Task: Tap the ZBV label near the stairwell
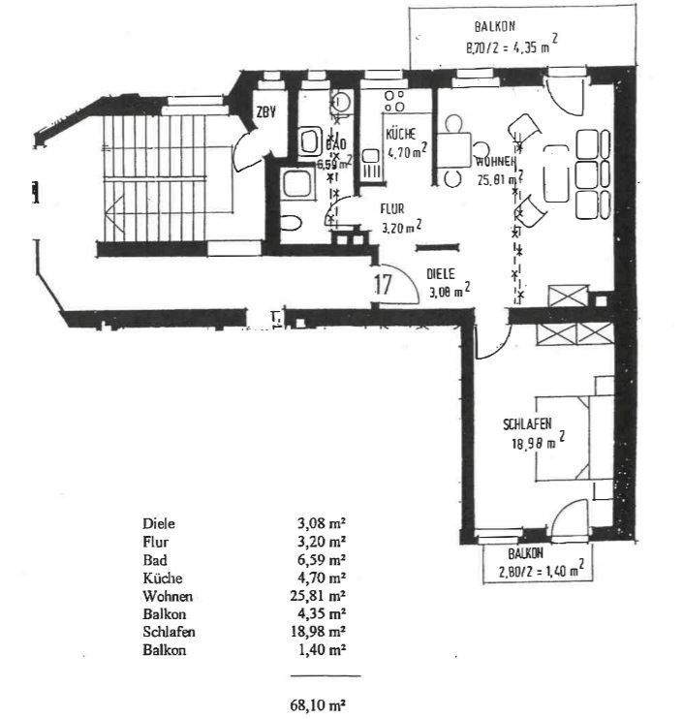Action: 266,113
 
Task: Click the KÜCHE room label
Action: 400,136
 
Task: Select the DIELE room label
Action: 441,274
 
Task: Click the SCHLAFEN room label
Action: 527,424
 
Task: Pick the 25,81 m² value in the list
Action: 321,595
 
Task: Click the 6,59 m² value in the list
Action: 321,560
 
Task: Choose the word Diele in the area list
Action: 158,525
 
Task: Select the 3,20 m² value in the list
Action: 321,543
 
